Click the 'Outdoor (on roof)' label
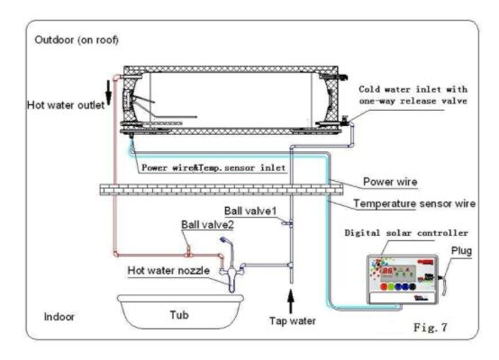click(x=77, y=40)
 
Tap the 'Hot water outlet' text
click(x=66, y=105)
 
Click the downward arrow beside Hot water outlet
click(x=108, y=92)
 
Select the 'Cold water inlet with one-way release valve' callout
click(x=413, y=95)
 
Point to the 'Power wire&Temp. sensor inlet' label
click(x=213, y=167)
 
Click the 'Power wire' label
click(x=390, y=182)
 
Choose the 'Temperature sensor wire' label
click(x=414, y=203)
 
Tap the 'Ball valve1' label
click(x=250, y=211)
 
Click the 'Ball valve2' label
click(x=207, y=225)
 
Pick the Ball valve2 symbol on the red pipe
click(x=188, y=251)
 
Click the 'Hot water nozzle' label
click(x=168, y=271)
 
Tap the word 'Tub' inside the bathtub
click(x=179, y=315)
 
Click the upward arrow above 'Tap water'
click(x=291, y=301)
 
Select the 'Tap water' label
click(x=293, y=321)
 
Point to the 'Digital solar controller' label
click(x=406, y=233)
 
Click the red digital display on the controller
click(x=387, y=271)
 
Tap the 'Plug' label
click(x=461, y=251)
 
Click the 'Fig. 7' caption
click(x=431, y=328)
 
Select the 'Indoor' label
click(x=59, y=317)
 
